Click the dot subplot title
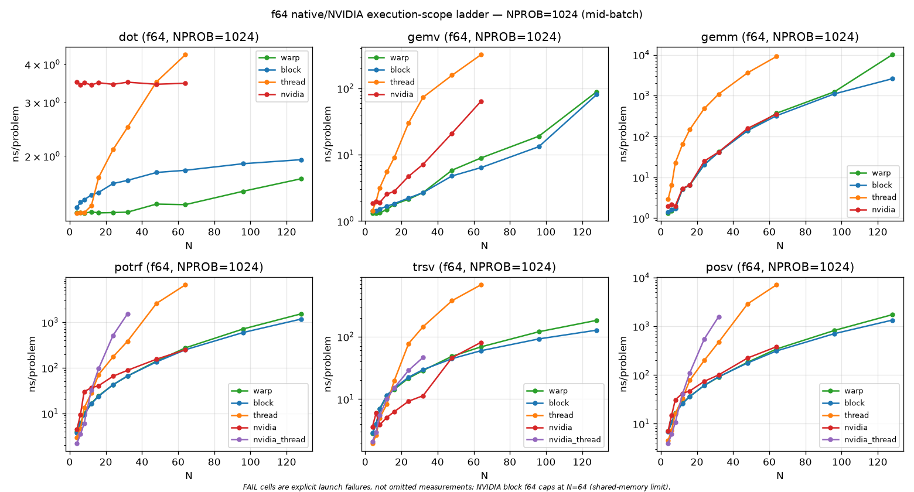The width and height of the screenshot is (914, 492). [189, 37]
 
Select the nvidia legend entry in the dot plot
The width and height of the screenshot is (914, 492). [282, 94]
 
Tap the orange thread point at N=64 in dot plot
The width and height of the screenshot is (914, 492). [185, 54]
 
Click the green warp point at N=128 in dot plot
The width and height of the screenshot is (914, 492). [301, 179]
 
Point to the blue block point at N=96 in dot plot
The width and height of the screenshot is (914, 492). [243, 163]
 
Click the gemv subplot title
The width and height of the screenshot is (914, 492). [485, 37]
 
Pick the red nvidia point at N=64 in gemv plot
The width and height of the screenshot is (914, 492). [481, 101]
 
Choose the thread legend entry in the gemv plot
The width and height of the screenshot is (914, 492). [391, 82]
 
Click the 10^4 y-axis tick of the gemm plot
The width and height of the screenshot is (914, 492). [642, 56]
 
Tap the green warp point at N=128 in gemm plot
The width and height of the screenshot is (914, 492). [892, 54]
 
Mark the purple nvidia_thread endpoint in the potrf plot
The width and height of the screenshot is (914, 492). [128, 314]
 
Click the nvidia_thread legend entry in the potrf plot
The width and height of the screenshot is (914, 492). [268, 439]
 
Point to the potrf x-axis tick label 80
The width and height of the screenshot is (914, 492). [214, 462]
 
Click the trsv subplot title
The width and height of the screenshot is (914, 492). [485, 267]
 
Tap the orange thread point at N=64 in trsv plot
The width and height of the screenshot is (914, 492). [481, 285]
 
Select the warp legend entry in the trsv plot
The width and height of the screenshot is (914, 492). [547, 391]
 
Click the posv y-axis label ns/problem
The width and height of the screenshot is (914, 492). [623, 364]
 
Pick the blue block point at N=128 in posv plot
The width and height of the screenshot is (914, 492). [892, 320]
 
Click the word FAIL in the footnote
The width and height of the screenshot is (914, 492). [250, 487]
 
